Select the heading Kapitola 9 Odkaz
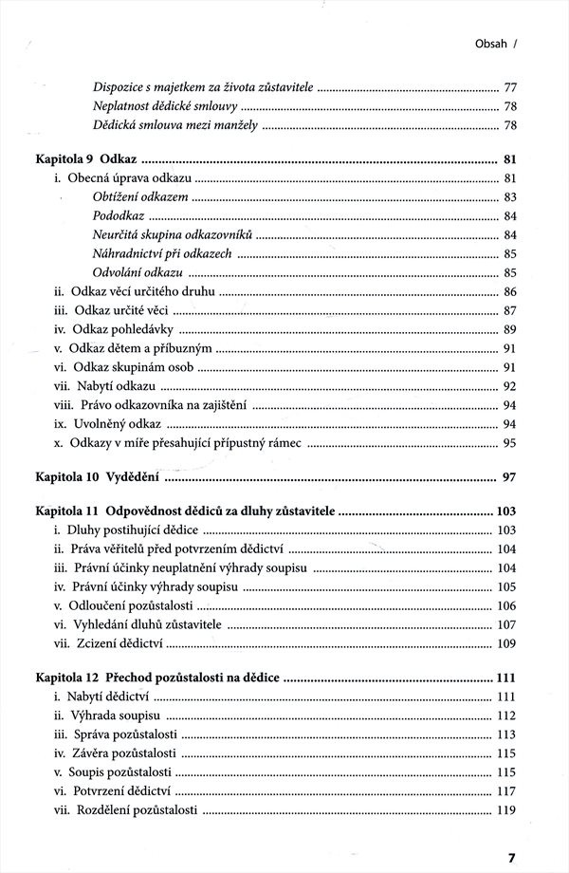84,158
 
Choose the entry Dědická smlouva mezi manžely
174,125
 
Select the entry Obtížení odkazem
140,197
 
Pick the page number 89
509,329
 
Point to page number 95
509,442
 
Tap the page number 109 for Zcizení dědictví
505,643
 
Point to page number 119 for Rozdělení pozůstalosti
505,810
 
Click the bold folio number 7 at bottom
511,856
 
